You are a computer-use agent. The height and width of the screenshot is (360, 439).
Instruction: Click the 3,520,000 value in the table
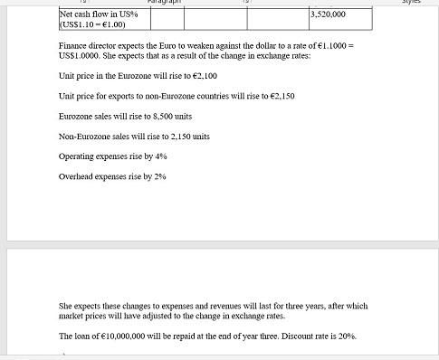[328, 14]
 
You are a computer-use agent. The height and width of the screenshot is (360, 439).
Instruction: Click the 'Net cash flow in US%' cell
[98, 14]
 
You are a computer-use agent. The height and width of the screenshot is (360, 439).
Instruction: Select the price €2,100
[204, 76]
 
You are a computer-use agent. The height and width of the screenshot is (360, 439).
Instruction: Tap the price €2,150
[281, 96]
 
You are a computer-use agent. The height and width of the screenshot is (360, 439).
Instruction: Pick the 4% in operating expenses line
[161, 156]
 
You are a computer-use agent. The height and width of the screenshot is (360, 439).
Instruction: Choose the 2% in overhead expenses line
[160, 176]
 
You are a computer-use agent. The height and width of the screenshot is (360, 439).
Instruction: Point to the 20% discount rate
[348, 336]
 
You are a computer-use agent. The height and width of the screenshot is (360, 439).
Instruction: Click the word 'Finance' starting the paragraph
[72, 44]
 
